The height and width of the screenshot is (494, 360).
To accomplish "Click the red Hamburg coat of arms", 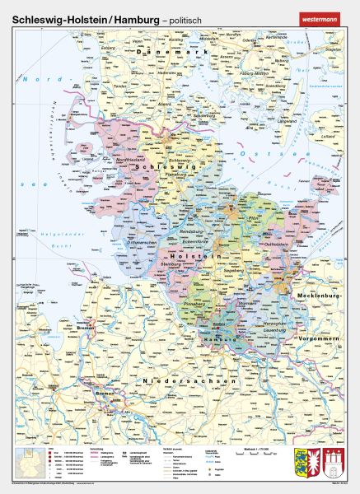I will pos(334,464).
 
